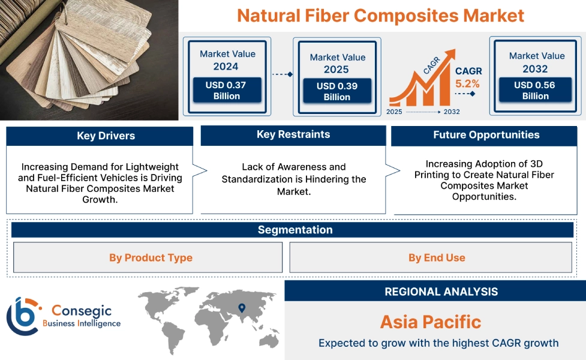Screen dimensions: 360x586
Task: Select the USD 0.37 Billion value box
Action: coord(227,91)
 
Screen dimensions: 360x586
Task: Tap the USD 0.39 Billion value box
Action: coord(336,91)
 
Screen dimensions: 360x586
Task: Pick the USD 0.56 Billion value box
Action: coord(534,91)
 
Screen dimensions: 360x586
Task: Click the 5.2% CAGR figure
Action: coord(468,84)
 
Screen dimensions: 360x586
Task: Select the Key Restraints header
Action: coord(293,134)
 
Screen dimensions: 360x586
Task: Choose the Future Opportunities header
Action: coord(486,135)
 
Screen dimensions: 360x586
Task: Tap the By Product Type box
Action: coord(151,257)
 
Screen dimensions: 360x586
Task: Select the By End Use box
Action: coord(436,257)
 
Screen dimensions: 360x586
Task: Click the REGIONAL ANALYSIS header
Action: coord(441,292)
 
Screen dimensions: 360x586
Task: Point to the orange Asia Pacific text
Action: coord(430,322)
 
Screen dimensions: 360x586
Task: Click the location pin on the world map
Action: coord(242,308)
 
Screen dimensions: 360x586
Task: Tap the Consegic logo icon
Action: coord(23,316)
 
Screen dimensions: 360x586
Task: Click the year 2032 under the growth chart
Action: coord(452,112)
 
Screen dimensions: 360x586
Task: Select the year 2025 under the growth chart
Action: coord(394,112)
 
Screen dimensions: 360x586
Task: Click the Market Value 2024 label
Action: coord(227,60)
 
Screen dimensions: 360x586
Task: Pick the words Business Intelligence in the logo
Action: coord(82,323)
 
